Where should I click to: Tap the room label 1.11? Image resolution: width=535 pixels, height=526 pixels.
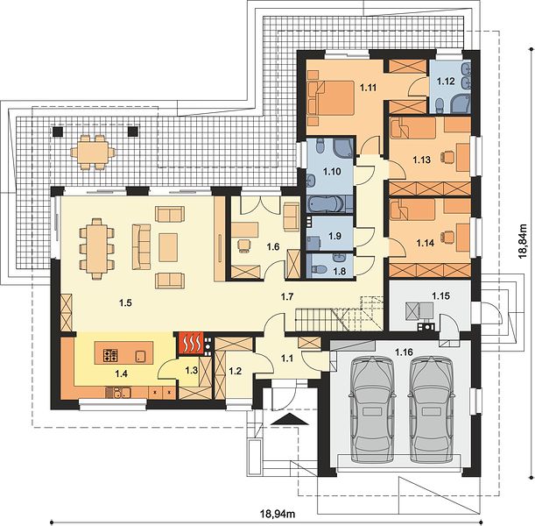(368, 88)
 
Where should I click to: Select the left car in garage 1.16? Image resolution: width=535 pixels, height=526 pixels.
(371, 409)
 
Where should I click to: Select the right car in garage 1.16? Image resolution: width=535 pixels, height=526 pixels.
(432, 409)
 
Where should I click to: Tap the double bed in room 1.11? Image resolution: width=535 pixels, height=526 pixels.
(331, 97)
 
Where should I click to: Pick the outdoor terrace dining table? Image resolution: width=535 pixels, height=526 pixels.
(93, 152)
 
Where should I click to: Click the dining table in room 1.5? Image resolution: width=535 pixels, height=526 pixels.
(97, 248)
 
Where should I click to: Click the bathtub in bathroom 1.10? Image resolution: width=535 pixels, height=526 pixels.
(325, 204)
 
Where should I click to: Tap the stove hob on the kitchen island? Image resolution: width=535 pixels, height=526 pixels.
(110, 355)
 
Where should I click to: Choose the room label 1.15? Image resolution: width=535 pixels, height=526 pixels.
(440, 295)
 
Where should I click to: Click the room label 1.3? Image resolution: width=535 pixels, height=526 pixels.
(192, 370)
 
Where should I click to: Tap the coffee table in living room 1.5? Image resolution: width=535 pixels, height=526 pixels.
(168, 247)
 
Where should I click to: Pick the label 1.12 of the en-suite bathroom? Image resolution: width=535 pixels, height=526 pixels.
(446, 82)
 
